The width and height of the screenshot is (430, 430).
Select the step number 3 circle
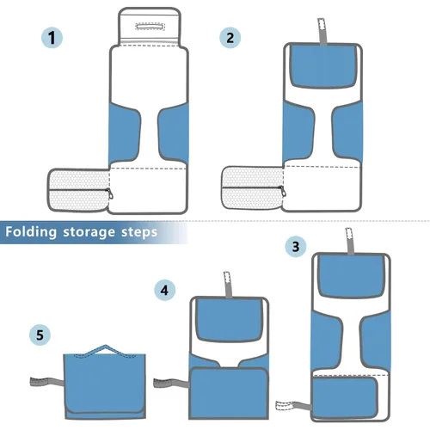click(296, 247)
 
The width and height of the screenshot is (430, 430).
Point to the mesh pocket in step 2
click(250, 189)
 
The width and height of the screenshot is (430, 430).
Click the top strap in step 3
click(349, 240)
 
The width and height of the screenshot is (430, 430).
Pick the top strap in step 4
click(229, 282)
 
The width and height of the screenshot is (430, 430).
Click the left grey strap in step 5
click(43, 383)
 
